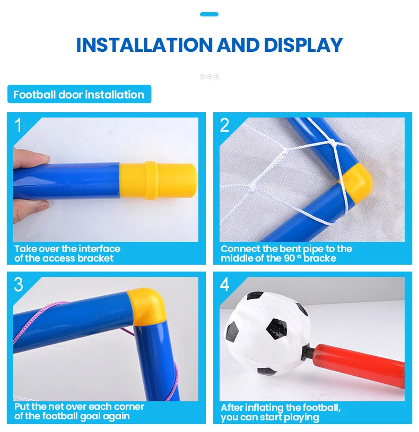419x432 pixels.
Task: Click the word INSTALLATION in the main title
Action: coord(145,45)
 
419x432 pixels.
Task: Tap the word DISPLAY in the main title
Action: coord(303,45)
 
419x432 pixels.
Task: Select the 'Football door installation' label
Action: coord(79,94)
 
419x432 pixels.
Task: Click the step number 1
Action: coord(18,125)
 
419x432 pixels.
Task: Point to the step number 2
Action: coord(224,125)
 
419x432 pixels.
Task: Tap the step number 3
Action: coord(18,284)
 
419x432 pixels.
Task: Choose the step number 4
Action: coord(224,284)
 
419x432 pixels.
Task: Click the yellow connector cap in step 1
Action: coord(158,180)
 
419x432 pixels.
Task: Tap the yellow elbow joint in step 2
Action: coord(356,183)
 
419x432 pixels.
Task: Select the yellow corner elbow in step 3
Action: coord(146,306)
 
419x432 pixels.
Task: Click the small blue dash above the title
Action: coord(209,14)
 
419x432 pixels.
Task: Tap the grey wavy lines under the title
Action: coord(210,77)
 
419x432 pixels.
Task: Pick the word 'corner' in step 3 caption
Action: coord(129,407)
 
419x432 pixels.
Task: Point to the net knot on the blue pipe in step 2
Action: coord(333,142)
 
